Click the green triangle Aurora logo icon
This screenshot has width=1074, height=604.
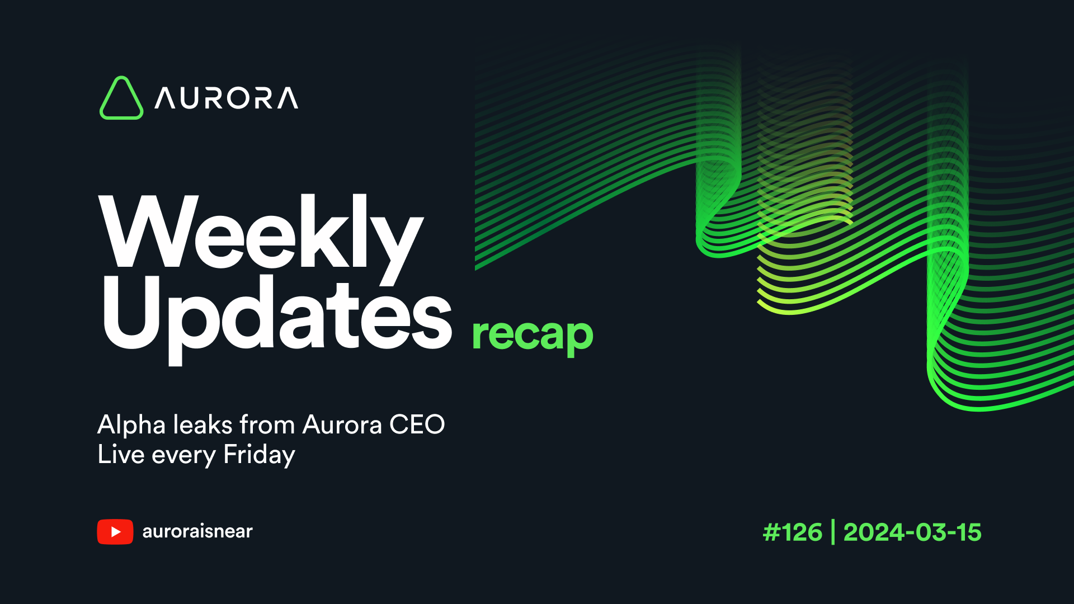pos(121,98)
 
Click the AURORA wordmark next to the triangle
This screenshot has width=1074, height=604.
pos(227,98)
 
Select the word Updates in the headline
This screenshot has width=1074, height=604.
pos(276,316)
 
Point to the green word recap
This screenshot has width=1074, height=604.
pos(532,334)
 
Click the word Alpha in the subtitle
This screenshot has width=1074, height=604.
pos(131,425)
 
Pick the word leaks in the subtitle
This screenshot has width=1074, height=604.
pos(202,425)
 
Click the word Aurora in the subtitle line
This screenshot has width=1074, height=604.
pos(342,425)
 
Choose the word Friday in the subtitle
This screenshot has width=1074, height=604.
pos(259,455)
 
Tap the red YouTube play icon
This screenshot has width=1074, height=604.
pos(115,531)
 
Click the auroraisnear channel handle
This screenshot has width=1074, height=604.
pos(197,531)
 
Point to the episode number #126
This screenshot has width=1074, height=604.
pos(793,532)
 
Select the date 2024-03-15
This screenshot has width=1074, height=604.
pos(912,532)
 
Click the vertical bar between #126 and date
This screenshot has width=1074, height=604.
pos(833,532)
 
